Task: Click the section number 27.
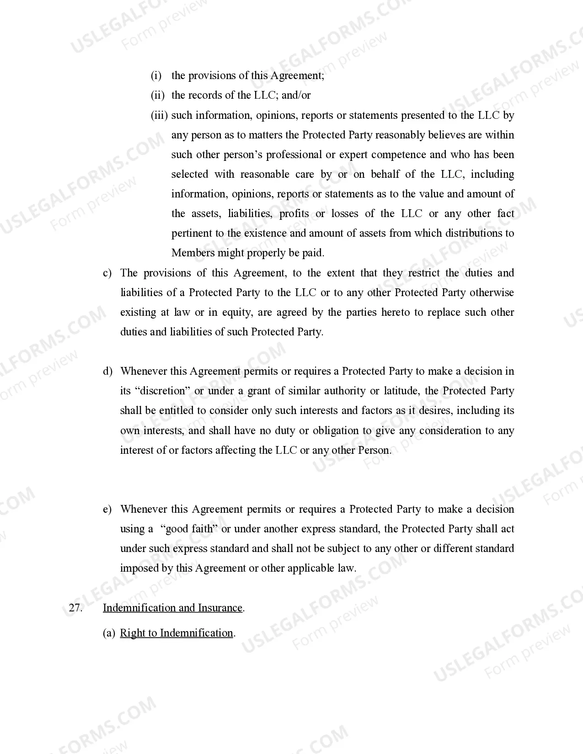pos(75,608)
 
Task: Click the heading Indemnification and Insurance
pos(172,608)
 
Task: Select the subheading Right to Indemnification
pos(177,633)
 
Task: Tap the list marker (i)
pos(156,75)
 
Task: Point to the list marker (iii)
pos(159,115)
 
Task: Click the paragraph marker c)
pos(107,273)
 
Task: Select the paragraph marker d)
pos(107,371)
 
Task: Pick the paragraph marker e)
pos(107,509)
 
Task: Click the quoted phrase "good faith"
pos(189,529)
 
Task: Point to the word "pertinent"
pos(191,233)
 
